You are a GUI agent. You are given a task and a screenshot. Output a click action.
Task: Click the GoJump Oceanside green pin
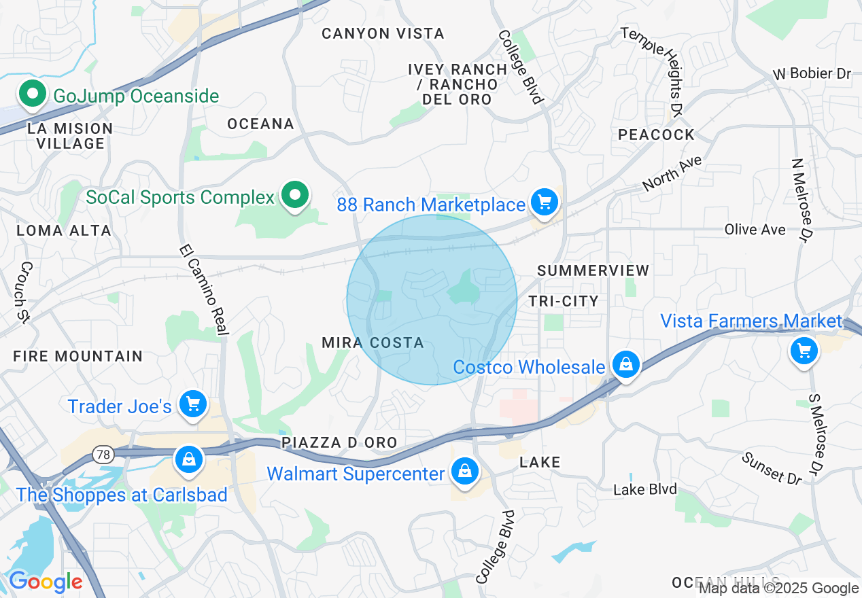[x=31, y=95]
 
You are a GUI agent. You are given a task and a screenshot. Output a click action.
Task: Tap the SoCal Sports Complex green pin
[x=294, y=196]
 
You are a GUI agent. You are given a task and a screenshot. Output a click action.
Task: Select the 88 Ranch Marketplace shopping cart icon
[x=544, y=203]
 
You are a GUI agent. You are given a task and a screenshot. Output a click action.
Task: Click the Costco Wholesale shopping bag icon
[x=625, y=366]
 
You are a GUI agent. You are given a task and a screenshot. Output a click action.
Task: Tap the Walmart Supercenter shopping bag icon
[x=465, y=472]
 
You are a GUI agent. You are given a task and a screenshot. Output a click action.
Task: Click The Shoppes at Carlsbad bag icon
[x=188, y=461]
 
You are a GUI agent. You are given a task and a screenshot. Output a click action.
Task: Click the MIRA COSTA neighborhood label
[x=373, y=342]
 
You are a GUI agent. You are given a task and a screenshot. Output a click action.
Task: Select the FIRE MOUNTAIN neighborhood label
[x=77, y=356]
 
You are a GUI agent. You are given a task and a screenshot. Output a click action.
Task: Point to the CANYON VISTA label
[x=383, y=33]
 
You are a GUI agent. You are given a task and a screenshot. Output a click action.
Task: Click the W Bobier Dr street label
[x=812, y=73]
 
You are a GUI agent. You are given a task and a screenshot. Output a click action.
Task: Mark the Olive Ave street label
[x=755, y=230]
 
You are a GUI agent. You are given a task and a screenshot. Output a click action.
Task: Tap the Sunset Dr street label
[x=772, y=468]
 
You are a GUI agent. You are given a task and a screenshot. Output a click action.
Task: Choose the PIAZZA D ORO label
[x=339, y=443]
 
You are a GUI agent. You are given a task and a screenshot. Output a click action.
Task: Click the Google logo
[x=46, y=582]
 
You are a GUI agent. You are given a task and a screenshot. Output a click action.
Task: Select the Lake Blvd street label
[x=645, y=489]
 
